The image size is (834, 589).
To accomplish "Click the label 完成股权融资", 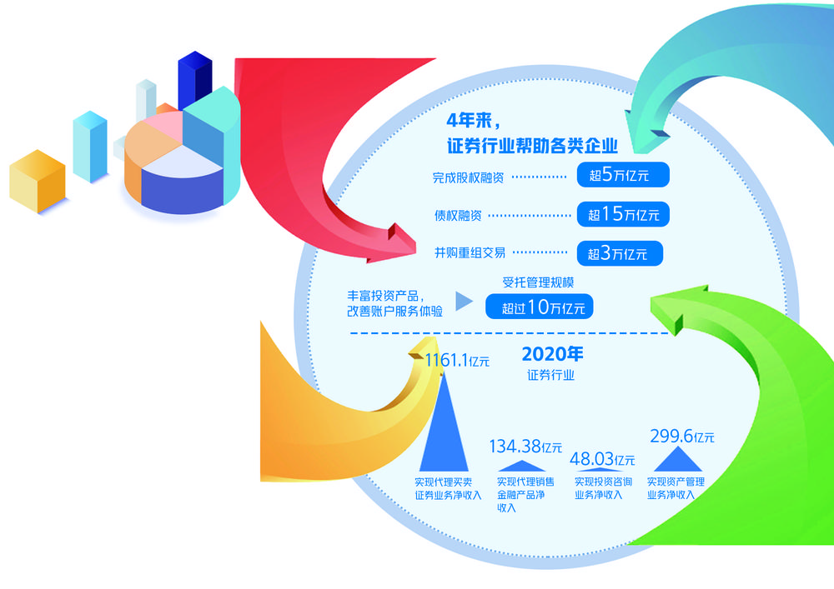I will [x=467, y=177].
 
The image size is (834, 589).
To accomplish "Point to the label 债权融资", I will [x=457, y=215].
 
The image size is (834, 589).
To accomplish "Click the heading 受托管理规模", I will [x=539, y=282].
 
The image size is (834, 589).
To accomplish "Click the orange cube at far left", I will [x=38, y=183].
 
